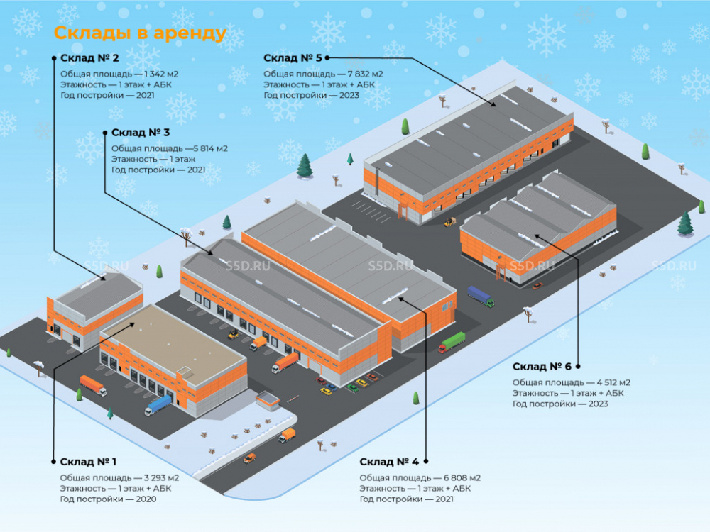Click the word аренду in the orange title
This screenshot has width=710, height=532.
point(190,33)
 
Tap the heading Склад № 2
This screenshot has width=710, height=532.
point(89,58)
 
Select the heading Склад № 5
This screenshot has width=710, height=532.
point(293,58)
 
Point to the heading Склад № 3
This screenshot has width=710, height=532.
point(141,133)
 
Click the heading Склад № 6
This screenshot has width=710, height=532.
point(542,367)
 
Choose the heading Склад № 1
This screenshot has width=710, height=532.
point(88,462)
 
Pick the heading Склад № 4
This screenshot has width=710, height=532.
point(389,462)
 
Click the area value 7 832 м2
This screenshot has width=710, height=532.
point(365,74)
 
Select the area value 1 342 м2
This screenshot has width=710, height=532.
point(160,74)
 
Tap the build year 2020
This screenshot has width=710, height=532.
point(146,499)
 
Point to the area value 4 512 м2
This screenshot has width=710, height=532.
point(613,383)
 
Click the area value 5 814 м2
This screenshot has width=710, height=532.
point(210,149)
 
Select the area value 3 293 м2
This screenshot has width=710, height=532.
point(162,478)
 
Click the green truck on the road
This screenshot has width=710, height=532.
point(452,343)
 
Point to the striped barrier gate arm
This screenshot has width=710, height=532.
point(293,399)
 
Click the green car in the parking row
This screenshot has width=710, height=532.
point(353,388)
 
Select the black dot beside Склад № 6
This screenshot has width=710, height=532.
point(578,367)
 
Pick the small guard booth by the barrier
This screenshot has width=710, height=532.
point(268,401)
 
